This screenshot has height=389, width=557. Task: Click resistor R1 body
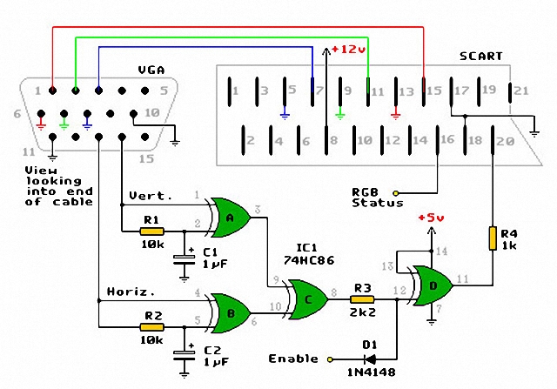[152, 231]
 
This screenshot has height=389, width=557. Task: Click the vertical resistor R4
[493, 237]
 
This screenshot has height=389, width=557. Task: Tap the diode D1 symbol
[370, 359]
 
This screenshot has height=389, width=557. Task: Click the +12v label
[350, 50]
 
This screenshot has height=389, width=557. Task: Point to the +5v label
[433, 218]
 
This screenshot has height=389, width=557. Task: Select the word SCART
[481, 57]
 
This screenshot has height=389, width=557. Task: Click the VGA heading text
[151, 70]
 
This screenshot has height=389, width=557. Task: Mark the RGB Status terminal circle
[396, 192]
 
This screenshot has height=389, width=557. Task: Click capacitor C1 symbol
[185, 258]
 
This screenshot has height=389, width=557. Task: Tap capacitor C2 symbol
[185, 353]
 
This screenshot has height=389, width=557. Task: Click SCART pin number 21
[520, 90]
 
